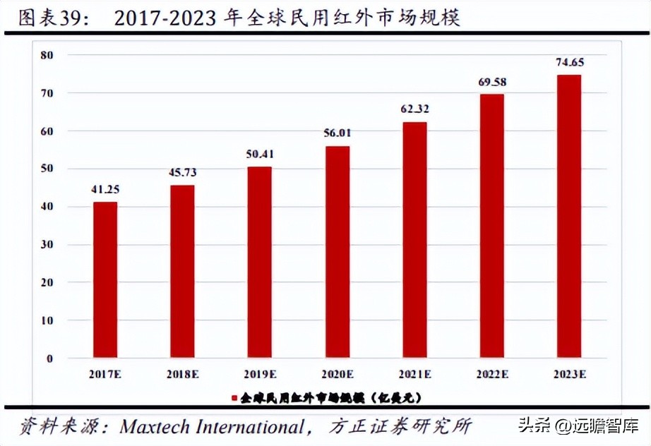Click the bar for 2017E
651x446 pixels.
coord(105,279)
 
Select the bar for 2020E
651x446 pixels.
coord(338,251)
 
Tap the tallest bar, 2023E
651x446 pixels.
coord(569,216)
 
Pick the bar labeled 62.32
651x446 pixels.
coord(414,239)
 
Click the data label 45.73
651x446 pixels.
coord(182,173)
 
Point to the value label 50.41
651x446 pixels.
coord(260,155)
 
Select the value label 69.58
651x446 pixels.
coord(492,83)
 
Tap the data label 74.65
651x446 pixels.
coord(570,63)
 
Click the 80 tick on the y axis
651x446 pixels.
coord(47,55)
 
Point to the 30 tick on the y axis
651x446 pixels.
coord(47,245)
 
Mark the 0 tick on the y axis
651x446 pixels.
coord(50,358)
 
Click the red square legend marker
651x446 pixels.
coord(234,399)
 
